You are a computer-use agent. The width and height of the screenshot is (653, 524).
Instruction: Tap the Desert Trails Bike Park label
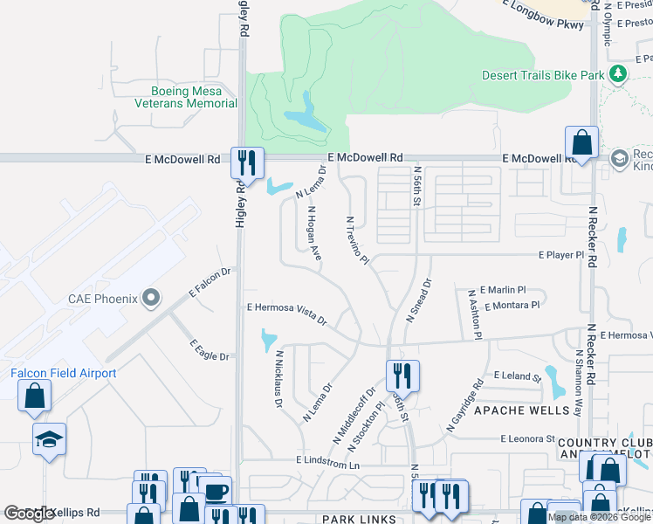pos(543,75)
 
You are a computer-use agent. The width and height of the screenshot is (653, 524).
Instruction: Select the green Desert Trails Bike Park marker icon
pos(619,73)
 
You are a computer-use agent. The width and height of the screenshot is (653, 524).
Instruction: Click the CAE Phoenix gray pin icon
pos(152,299)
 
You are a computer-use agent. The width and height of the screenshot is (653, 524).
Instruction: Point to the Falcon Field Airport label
pos(63,373)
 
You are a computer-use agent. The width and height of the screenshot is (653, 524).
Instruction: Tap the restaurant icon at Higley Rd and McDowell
pos(247,162)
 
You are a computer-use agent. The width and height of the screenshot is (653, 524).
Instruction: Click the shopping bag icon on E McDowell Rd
pos(581,142)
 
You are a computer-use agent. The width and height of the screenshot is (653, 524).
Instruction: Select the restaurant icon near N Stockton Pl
pos(402,376)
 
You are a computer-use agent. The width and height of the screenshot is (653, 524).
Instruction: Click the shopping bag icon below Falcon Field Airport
pos(34,396)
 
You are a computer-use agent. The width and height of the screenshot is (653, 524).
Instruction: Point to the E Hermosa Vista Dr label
pos(286,314)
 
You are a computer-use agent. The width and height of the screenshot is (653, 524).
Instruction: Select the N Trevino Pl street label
pos(357,240)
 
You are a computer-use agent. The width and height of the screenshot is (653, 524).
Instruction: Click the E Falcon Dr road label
pos(209,283)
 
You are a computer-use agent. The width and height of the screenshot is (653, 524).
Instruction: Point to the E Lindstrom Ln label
pos(327,460)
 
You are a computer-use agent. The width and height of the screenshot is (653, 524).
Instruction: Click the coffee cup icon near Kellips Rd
pos(215,492)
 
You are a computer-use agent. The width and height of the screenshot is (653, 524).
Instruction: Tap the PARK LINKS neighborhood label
pos(348,519)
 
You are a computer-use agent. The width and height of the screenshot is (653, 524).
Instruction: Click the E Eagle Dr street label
pos(209,350)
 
